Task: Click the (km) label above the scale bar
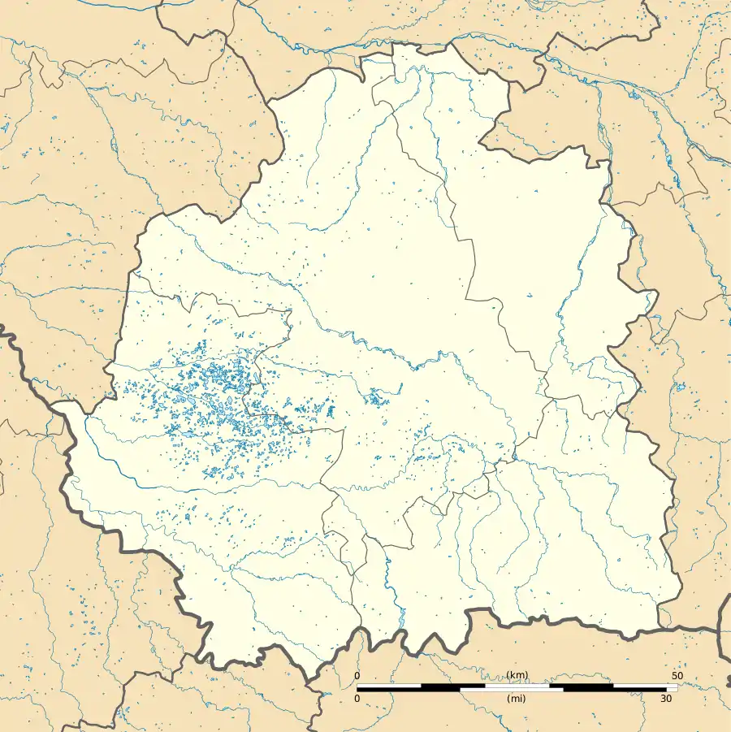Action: click(x=517, y=676)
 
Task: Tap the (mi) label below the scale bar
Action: click(x=517, y=699)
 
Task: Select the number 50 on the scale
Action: click(x=677, y=676)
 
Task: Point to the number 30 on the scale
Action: click(x=666, y=699)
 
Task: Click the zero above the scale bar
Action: click(x=357, y=676)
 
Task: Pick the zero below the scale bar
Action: click(x=357, y=699)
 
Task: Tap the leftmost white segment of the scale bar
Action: click(x=389, y=687)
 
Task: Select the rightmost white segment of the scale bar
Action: click(x=646, y=687)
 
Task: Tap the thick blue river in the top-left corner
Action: click(x=81, y=6)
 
